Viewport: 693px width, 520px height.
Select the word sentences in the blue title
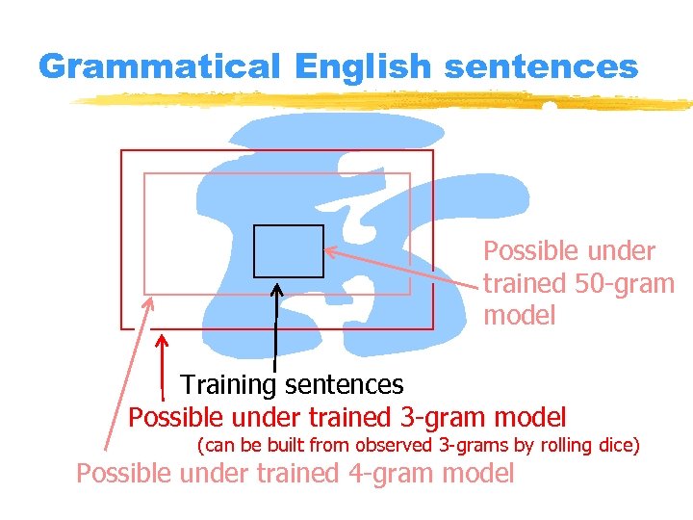click(x=541, y=67)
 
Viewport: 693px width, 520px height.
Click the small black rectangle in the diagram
click(x=289, y=250)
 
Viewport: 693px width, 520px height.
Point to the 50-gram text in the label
click(x=626, y=284)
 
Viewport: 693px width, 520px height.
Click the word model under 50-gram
click(x=520, y=316)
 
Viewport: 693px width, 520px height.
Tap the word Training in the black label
click(x=228, y=385)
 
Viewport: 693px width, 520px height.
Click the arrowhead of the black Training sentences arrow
click(x=277, y=288)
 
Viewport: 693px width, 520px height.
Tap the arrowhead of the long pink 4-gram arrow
click(x=149, y=300)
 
